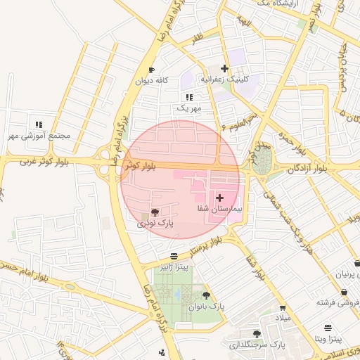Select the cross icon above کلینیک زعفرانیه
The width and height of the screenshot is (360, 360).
[x=224, y=68]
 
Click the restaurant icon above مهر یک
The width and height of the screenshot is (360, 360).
[x=188, y=97]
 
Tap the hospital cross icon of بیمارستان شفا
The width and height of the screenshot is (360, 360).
[x=219, y=198]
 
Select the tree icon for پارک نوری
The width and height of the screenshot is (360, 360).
[x=155, y=212]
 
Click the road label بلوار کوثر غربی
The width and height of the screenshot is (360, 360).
[x=36, y=162]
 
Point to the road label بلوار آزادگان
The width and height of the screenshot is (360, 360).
[x=307, y=169]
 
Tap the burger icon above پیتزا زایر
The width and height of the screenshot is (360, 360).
[x=174, y=255]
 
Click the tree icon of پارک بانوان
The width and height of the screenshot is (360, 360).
[x=206, y=295]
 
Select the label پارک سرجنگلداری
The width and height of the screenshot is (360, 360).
[x=257, y=345]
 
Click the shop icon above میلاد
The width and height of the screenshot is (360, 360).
[x=283, y=308]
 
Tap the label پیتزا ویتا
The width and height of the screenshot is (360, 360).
[x=328, y=339]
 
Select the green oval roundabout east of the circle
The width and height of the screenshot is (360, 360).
[x=262, y=160]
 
